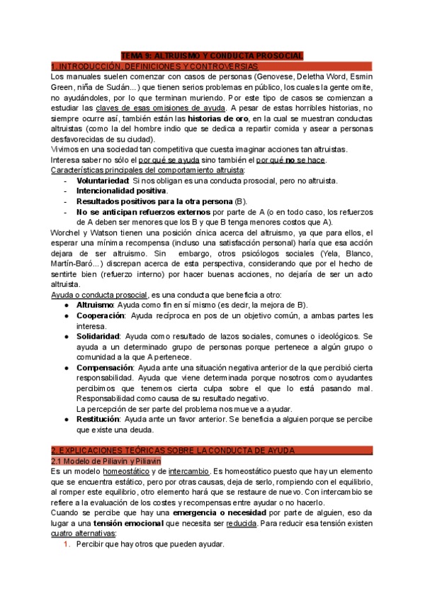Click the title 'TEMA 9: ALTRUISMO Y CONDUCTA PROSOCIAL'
click(x=212, y=55)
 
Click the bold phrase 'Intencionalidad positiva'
click(x=122, y=191)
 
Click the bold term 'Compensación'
click(x=105, y=368)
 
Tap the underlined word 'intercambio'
click(x=189, y=471)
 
